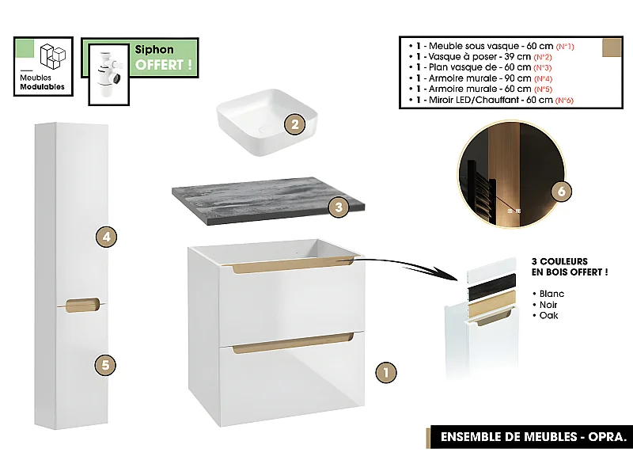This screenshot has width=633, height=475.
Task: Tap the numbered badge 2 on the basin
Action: pyautogui.click(x=294, y=124)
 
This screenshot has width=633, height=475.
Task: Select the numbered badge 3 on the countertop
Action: pyautogui.click(x=338, y=207)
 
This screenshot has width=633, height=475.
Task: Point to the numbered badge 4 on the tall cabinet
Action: pyautogui.click(x=105, y=236)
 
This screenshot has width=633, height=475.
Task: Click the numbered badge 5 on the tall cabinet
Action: pyautogui.click(x=105, y=365)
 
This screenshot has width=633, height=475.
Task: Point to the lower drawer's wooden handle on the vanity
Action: pyautogui.click(x=293, y=344)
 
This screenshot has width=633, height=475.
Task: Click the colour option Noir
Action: pyautogui.click(x=550, y=304)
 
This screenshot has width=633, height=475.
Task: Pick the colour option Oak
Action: pyautogui.click(x=548, y=315)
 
